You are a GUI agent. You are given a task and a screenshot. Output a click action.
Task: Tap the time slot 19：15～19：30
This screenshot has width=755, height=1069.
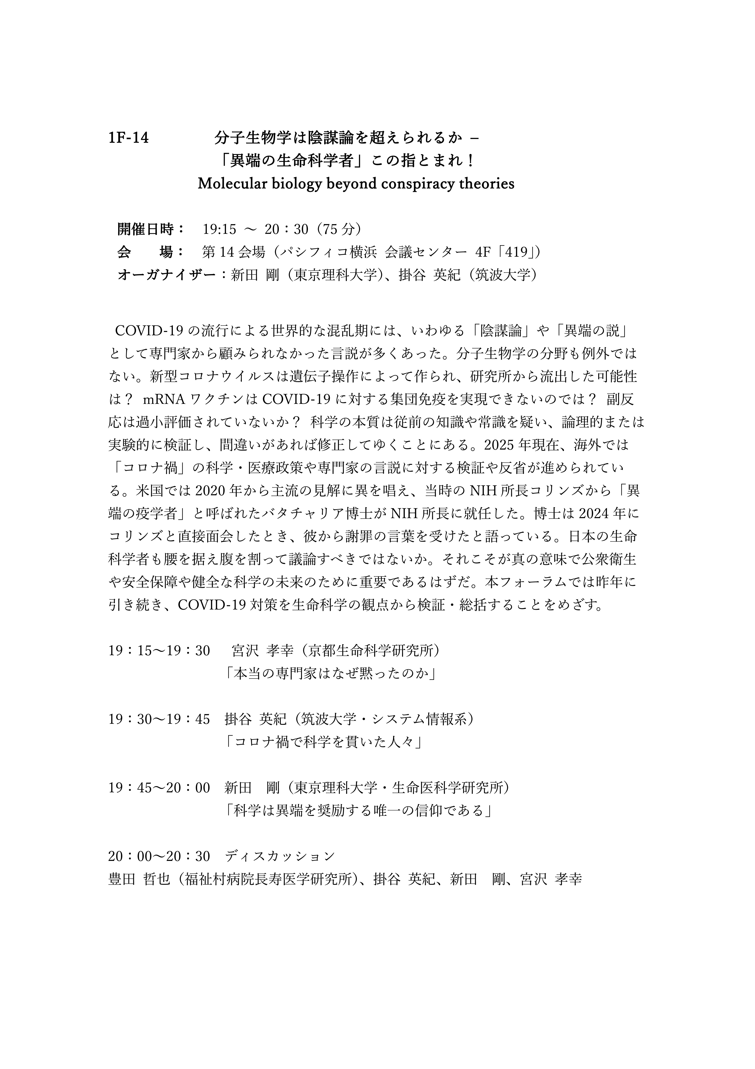[x=159, y=650]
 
